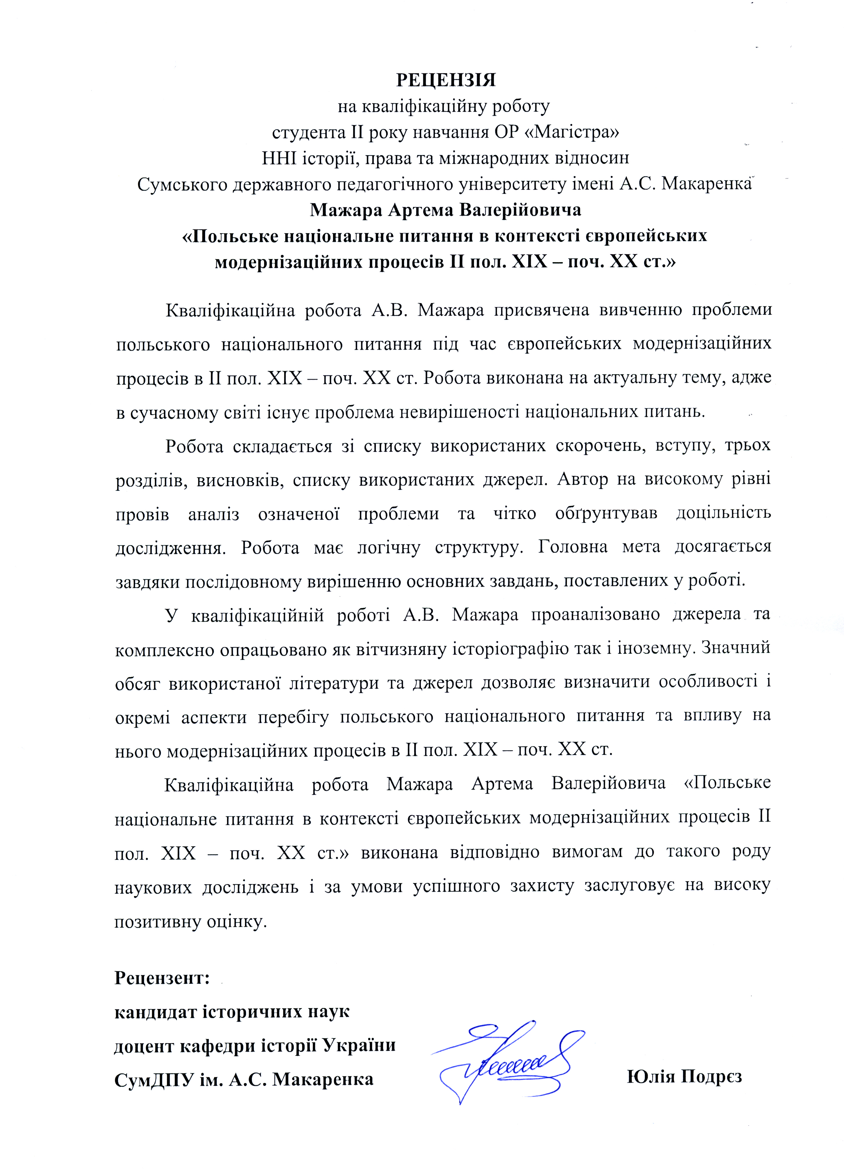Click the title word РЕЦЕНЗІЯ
click(x=446, y=80)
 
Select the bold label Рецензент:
click(x=162, y=978)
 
